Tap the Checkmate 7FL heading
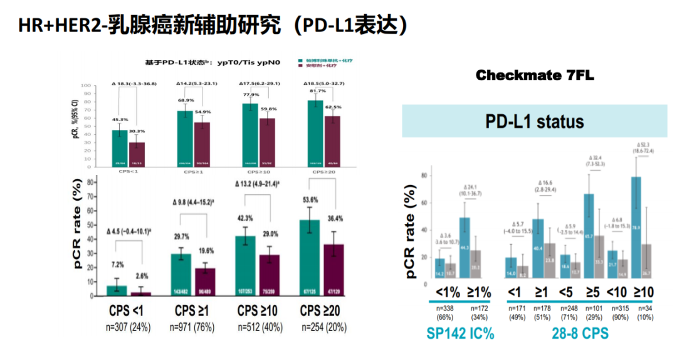click(535, 76)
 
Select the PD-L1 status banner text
click(535, 121)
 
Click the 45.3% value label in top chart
click(120, 119)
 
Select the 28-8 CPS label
click(579, 334)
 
